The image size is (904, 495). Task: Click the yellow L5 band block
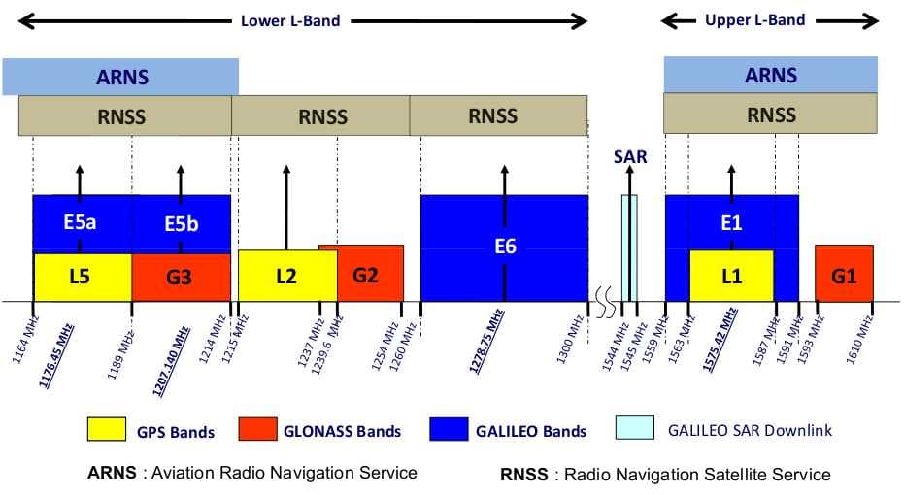(82, 277)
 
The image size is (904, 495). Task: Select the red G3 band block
(180, 277)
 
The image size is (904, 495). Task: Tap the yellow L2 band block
(285, 276)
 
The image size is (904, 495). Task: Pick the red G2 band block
(366, 274)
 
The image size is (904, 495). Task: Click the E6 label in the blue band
(504, 247)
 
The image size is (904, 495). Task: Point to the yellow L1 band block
(731, 276)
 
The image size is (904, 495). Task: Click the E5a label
(80, 222)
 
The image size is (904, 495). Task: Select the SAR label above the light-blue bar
(629, 156)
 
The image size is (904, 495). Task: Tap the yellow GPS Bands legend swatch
(108, 428)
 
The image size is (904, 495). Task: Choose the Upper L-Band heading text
(754, 19)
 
